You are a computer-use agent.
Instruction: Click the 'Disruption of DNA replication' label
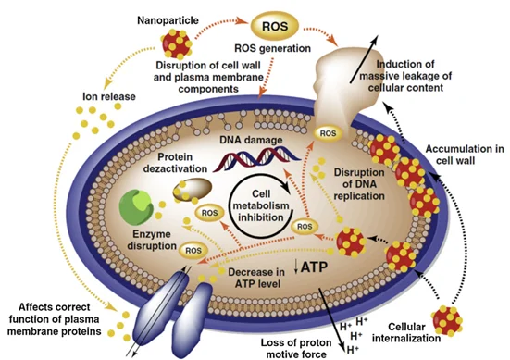(357, 192)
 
